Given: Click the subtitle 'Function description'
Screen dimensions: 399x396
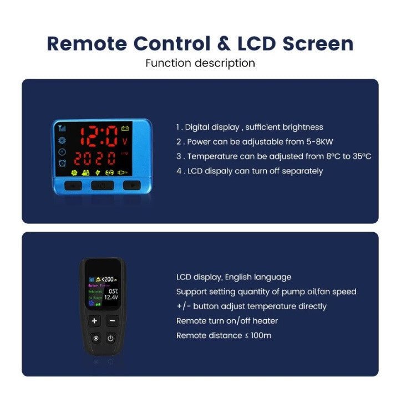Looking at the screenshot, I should (200, 63).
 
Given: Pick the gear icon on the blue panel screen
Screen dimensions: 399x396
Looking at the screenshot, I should (62, 140).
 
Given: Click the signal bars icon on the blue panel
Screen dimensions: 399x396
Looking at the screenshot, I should (62, 128).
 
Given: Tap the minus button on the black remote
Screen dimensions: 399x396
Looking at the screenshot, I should (111, 320).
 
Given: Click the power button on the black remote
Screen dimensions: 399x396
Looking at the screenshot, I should (110, 338).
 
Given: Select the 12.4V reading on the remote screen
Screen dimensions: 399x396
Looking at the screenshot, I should (111, 298).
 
